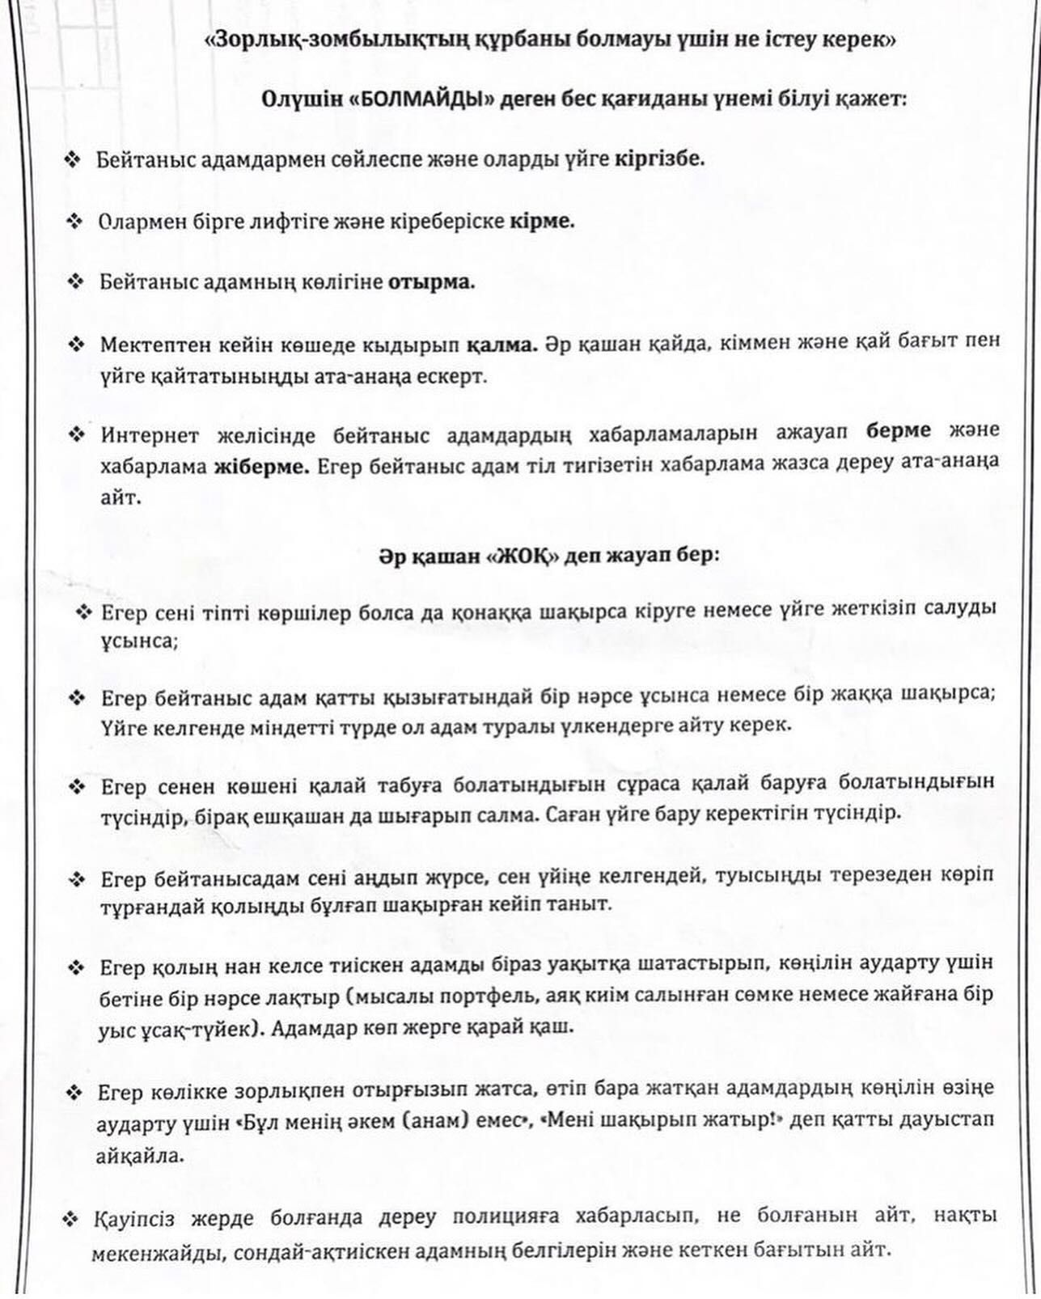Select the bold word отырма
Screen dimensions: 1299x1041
pos(432,282)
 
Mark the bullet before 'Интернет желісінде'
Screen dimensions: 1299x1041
pos(77,434)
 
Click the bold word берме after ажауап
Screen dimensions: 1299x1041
pos(899,430)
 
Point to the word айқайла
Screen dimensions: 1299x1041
pos(140,1156)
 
